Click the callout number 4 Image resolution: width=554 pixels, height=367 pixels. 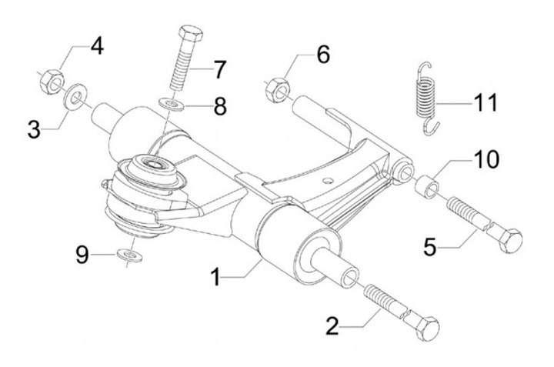click(x=97, y=46)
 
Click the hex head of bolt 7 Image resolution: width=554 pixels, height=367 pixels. click(x=191, y=33)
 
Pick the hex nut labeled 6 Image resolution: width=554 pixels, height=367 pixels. click(x=278, y=90)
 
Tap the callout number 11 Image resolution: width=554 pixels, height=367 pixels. click(x=485, y=102)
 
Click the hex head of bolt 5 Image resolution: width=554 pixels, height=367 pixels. click(x=509, y=241)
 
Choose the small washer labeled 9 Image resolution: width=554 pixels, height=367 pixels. click(x=130, y=255)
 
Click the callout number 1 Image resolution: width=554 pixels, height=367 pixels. click(x=215, y=277)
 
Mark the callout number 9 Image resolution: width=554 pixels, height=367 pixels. click(x=82, y=255)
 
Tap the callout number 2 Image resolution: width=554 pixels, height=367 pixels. click(x=332, y=326)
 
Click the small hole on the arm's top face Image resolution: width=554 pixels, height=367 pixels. click(x=329, y=181)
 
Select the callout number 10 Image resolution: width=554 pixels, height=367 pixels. click(x=486, y=159)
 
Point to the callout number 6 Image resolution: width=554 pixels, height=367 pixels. click(x=323, y=55)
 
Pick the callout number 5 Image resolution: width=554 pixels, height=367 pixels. click(x=430, y=247)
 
